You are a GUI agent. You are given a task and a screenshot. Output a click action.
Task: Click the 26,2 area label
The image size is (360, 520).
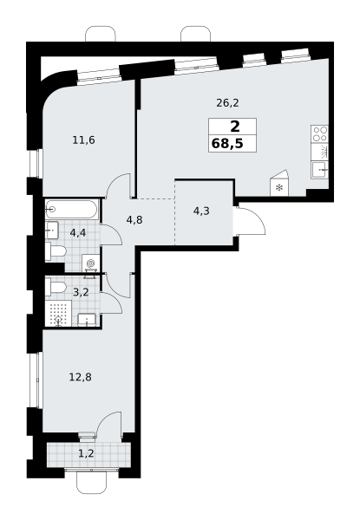[227, 103]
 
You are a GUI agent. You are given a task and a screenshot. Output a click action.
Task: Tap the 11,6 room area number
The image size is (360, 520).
[83, 140]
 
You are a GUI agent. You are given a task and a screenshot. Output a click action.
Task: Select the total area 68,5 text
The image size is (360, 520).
[227, 144]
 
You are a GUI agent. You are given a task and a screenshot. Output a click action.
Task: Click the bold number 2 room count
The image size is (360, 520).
[234, 127]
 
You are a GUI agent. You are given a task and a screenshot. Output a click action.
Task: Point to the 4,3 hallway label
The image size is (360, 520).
[201, 211]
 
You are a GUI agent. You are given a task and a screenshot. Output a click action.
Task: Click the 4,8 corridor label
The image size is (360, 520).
[134, 219]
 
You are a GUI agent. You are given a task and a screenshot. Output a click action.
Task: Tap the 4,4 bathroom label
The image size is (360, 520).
[78, 233]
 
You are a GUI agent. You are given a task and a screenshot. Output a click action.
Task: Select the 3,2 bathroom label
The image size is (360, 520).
[81, 293]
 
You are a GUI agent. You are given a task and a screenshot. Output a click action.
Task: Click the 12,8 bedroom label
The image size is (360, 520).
[81, 377]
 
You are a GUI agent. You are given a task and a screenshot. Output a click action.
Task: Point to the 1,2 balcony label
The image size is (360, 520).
[86, 453]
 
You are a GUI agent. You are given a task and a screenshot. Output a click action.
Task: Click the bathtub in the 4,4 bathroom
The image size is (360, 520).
[72, 209]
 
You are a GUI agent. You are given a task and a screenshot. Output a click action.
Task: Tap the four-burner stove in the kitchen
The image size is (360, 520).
[319, 134]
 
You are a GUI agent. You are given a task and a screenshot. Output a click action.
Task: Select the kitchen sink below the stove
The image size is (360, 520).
[320, 170]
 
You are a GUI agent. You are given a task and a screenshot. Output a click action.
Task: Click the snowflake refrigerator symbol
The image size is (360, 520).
[279, 188]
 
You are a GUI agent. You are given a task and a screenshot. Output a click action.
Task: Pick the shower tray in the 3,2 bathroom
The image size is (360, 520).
[58, 314]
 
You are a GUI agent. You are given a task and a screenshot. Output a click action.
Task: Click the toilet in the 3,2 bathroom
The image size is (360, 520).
[56, 287]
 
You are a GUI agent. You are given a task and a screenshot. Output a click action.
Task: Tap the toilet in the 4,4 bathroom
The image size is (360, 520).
[56, 251]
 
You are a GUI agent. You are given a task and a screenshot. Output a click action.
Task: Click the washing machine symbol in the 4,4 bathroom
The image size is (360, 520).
[90, 263]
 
